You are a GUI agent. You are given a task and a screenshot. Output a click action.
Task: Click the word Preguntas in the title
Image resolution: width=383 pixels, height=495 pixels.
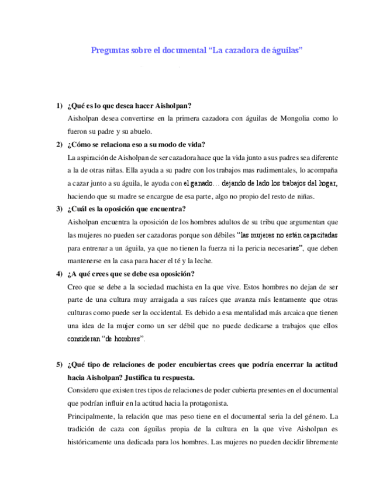coord(109,51)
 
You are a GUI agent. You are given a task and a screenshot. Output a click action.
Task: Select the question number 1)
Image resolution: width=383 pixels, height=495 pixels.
coord(60,106)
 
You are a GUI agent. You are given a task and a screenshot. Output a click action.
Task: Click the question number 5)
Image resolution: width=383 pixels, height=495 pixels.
coord(60,365)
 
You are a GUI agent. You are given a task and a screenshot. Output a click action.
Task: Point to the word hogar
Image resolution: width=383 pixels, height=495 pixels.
coord(327,183)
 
